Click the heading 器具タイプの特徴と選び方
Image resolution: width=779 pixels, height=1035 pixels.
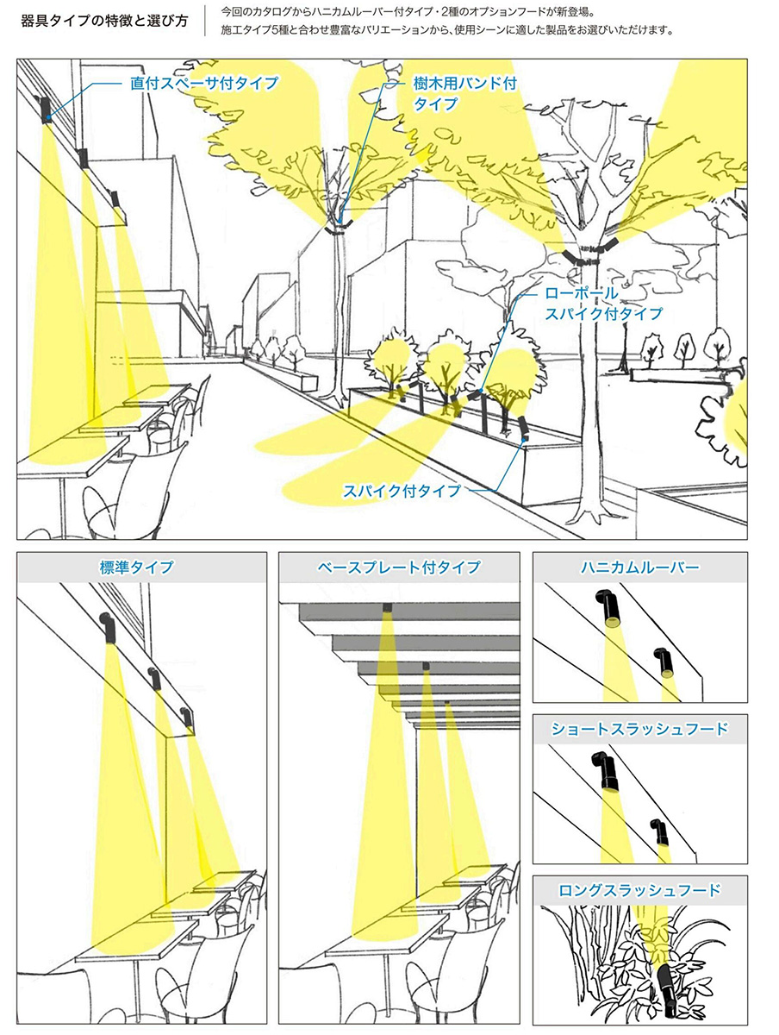pos(104,22)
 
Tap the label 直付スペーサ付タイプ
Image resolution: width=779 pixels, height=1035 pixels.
pos(204,83)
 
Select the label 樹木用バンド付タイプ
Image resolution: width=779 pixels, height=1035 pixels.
pos(464,93)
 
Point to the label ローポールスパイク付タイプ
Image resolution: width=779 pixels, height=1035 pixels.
pos(603,304)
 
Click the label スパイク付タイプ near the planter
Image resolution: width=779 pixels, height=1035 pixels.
pos(402,491)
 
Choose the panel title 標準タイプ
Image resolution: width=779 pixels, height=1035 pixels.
pos(137,567)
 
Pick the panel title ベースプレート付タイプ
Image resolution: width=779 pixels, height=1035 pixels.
pos(399,567)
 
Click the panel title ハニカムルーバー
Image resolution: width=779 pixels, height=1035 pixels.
pos(639,568)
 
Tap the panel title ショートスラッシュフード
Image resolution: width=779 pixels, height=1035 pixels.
pos(639,729)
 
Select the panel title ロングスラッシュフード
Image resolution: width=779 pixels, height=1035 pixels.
pos(639,890)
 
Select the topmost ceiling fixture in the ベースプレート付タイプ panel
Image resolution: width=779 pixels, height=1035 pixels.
pos(387,607)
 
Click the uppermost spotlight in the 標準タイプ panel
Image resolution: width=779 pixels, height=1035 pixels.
pos(108,628)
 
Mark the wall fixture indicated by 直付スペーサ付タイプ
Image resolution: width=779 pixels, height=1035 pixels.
pos(45,110)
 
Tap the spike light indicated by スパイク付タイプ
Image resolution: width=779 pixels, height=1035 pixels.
pos(523,428)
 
